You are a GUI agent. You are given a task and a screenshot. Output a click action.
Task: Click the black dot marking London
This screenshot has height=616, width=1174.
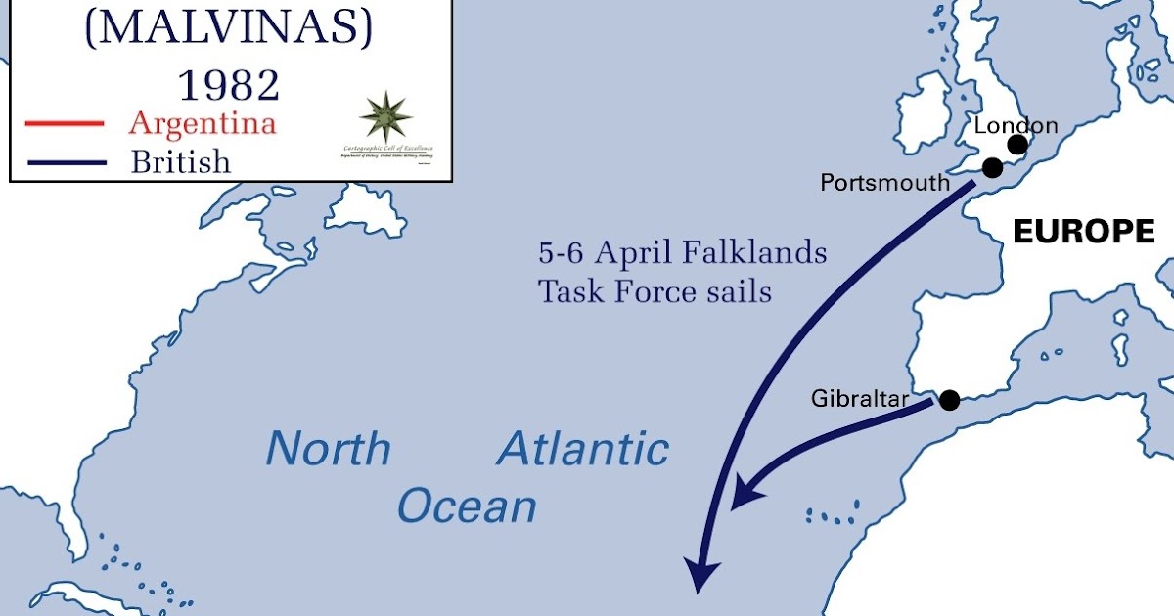click(x=1017, y=145)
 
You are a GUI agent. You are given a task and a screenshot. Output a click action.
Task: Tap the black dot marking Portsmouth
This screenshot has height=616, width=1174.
click(x=992, y=167)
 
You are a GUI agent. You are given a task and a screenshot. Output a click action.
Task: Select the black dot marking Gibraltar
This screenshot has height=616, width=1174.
click(x=948, y=399)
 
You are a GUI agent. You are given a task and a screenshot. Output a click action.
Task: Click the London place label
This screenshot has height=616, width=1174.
click(x=1016, y=125)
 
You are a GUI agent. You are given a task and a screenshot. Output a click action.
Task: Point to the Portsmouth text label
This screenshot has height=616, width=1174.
click(x=884, y=183)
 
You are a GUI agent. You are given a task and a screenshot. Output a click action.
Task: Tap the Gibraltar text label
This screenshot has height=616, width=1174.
click(x=860, y=399)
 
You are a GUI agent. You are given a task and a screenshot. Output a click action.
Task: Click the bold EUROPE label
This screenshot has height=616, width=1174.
click(x=1083, y=232)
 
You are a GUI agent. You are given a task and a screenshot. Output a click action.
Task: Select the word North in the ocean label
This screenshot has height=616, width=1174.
click(x=329, y=449)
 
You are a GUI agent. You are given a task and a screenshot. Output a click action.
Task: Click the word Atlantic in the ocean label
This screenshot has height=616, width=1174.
click(x=583, y=449)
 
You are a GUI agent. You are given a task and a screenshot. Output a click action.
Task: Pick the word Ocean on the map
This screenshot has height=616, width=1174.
click(x=467, y=507)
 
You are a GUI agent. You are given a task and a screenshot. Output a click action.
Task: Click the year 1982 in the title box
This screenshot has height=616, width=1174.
click(x=228, y=85)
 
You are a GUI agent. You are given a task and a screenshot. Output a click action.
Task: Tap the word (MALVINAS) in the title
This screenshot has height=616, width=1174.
click(x=229, y=29)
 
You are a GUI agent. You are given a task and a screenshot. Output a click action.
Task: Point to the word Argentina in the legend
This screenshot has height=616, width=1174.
click(x=203, y=123)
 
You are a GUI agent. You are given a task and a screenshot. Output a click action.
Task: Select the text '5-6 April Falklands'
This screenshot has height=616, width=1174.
click(x=683, y=253)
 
